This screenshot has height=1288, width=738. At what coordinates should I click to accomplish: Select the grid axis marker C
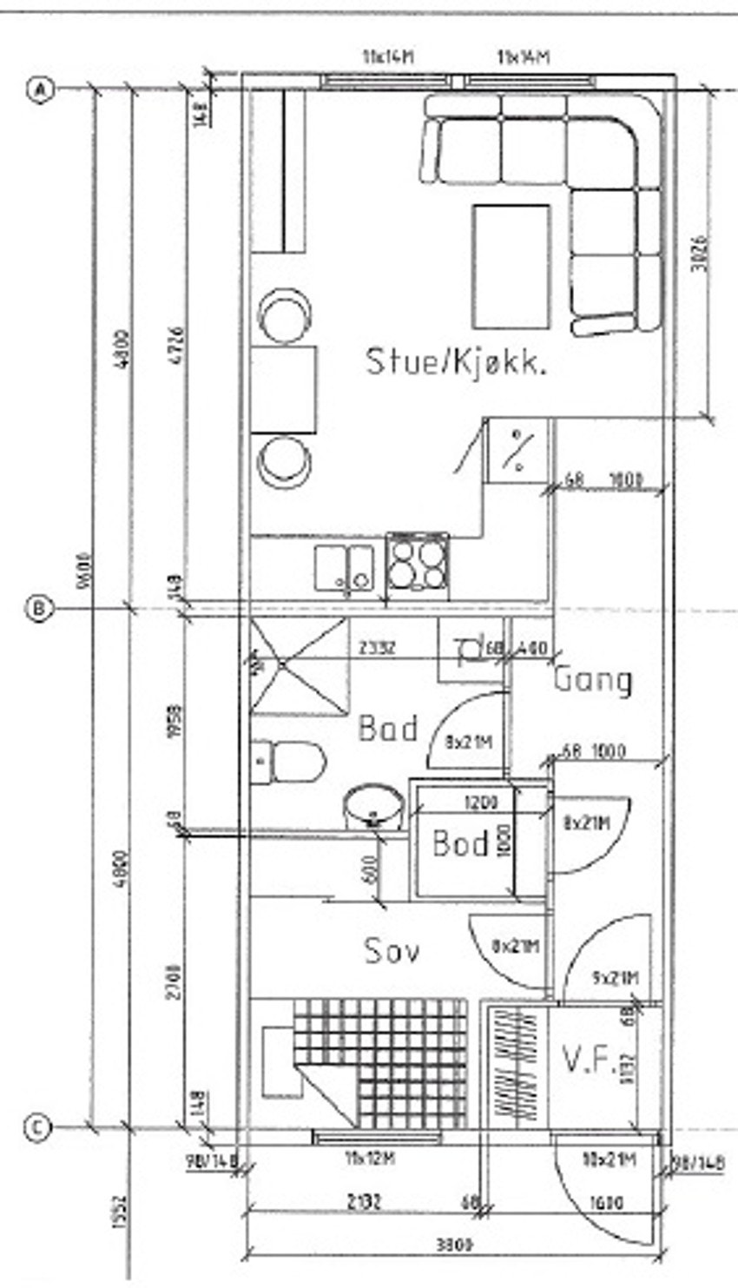click(x=37, y=1127)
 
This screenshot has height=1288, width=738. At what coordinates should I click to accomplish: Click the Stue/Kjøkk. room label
click(x=456, y=360)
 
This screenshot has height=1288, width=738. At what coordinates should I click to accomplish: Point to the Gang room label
click(x=593, y=679)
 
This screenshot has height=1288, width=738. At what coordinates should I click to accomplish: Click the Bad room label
click(x=387, y=728)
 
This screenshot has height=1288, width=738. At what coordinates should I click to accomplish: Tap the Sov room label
click(x=392, y=949)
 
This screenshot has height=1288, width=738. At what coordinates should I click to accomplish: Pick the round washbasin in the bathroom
click(x=373, y=808)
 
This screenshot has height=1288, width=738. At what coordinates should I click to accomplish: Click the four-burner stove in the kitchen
click(x=418, y=565)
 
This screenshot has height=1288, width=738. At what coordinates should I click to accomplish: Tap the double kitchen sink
click(x=345, y=567)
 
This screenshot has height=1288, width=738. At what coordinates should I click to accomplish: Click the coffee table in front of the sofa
click(x=511, y=266)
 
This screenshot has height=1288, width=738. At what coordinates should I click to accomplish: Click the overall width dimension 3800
click(x=453, y=1245)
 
